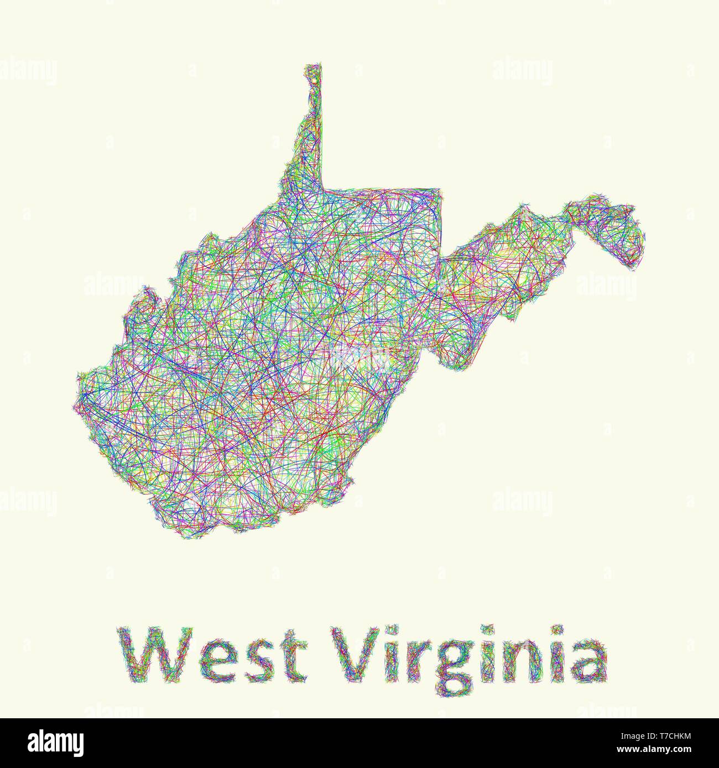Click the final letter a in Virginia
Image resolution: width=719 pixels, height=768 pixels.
[x=587, y=661]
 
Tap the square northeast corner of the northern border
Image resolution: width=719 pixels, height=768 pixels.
[x=441, y=189]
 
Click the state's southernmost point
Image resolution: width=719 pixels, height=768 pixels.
[x=188, y=538]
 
